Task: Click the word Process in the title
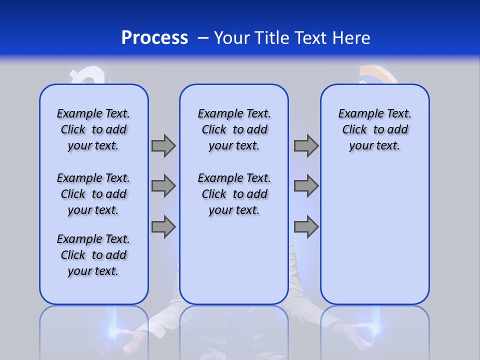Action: point(154,37)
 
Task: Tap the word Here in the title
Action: point(350,37)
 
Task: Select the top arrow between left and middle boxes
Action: point(163,145)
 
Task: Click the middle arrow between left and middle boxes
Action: point(163,186)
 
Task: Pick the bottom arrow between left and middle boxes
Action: point(163,227)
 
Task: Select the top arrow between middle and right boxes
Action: point(306,145)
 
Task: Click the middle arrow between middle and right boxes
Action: point(306,186)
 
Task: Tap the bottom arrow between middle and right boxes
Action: point(306,227)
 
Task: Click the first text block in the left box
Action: point(93,129)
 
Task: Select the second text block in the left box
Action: point(93,194)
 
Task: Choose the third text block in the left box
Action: point(93,255)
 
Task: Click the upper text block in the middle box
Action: point(234,129)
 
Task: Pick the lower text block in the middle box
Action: point(234,194)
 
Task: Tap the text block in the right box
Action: point(374,129)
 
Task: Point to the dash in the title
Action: point(202,38)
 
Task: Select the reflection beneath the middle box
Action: point(234,330)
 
